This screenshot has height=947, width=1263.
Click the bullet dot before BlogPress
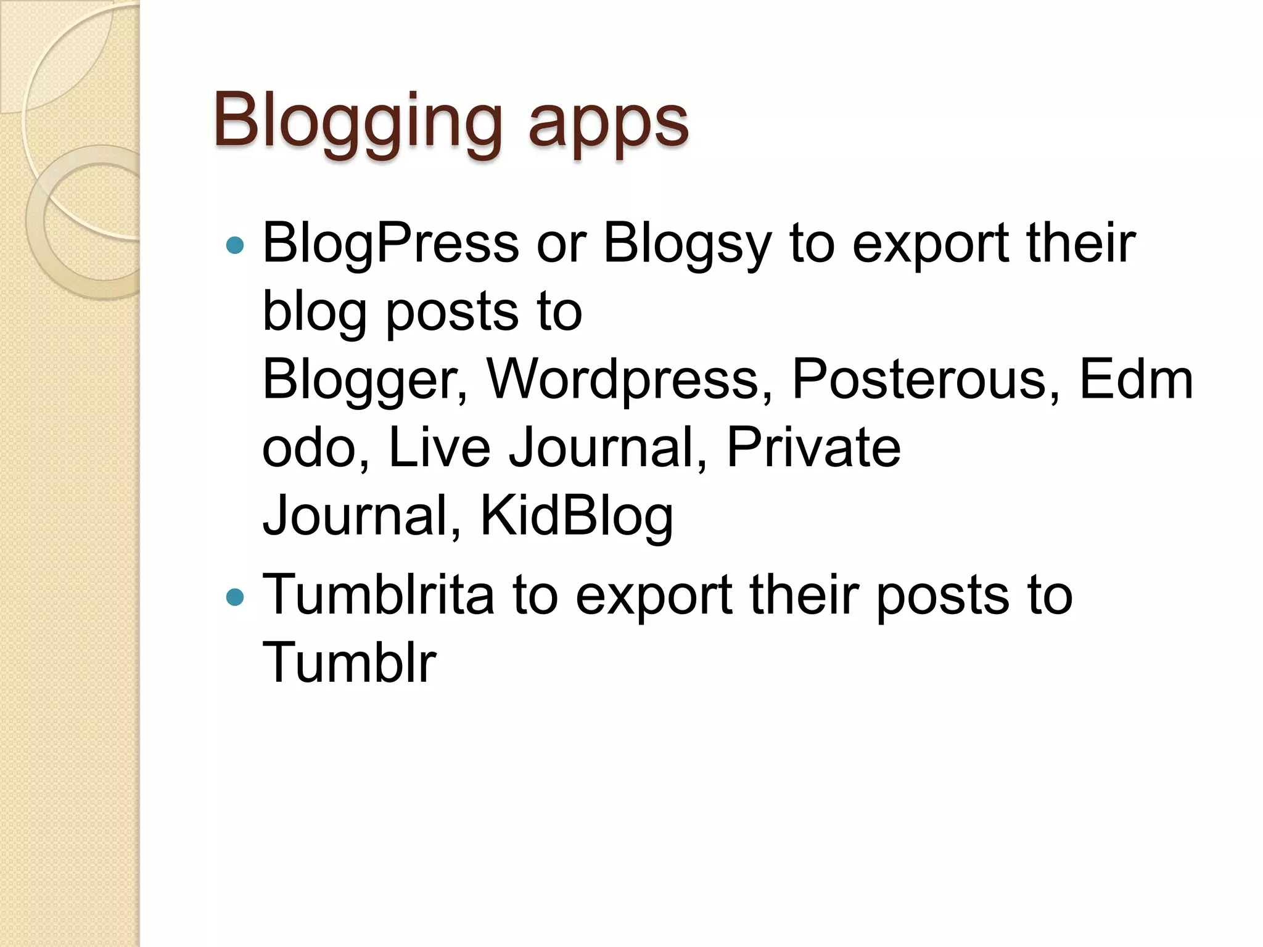point(235,246)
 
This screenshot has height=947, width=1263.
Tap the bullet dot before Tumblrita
point(235,597)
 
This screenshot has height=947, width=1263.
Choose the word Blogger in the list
point(364,380)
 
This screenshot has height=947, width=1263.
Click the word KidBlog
point(576,517)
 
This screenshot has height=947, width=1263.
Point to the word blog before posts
point(315,312)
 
